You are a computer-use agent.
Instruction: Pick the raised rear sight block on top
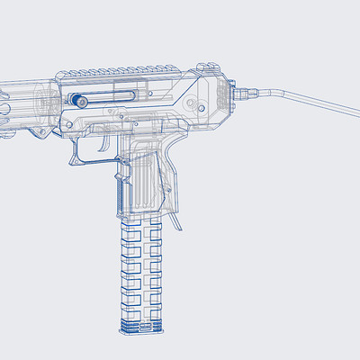[209, 66]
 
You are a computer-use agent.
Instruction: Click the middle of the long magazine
[143, 270]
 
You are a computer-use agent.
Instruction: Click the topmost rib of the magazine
[143, 227]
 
